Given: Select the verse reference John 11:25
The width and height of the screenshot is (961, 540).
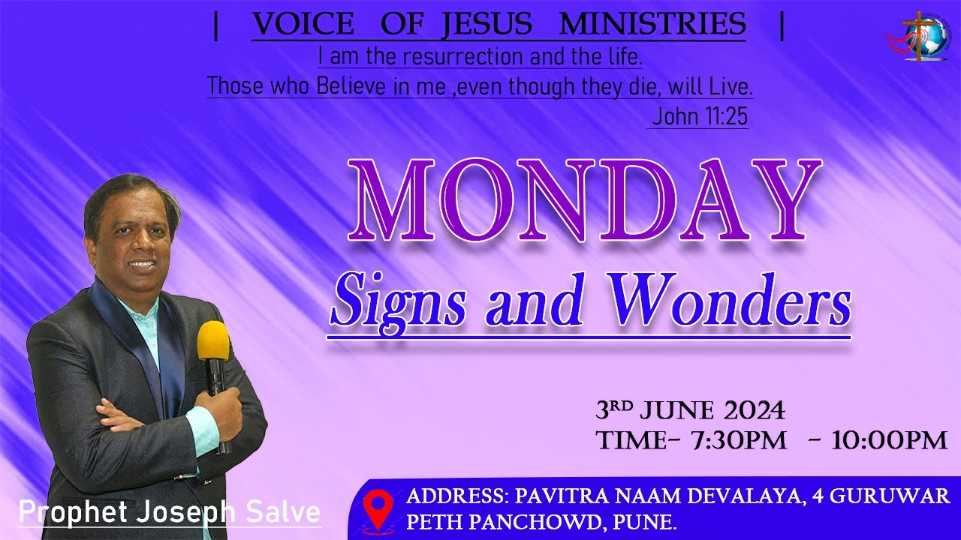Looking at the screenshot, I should (699, 117).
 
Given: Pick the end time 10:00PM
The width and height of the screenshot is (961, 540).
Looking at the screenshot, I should (889, 440).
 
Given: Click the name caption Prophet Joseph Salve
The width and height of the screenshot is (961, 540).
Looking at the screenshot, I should (170, 513).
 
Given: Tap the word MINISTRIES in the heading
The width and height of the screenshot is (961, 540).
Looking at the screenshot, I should (652, 24).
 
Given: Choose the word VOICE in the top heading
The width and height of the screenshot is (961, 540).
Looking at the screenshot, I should (303, 24).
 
